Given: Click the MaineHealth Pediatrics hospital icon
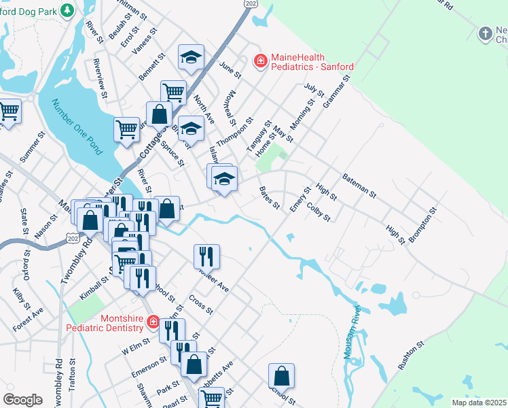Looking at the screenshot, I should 259,61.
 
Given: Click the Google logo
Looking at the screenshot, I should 22,399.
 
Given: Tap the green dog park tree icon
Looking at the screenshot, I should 67,10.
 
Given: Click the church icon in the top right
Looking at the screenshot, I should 485,33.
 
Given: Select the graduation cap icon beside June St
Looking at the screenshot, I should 192,57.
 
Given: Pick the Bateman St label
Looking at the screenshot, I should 359,184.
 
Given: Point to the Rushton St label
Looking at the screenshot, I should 411,356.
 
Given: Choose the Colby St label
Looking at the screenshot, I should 318,212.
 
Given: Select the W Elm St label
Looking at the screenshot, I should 134,348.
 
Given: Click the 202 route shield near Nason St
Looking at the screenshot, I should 73,235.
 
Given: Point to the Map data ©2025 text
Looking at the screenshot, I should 479,403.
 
